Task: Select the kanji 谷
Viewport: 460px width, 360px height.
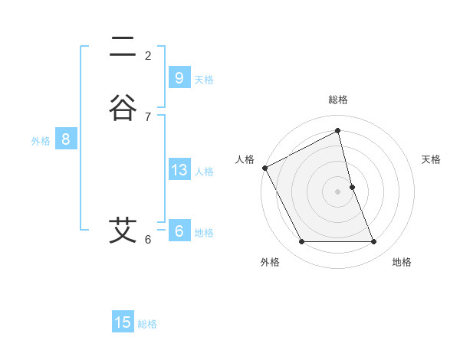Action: [x=122, y=107]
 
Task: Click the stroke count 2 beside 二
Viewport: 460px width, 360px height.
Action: [x=148, y=56]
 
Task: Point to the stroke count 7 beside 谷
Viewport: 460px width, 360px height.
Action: [x=148, y=116]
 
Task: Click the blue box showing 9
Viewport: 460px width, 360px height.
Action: [x=179, y=78]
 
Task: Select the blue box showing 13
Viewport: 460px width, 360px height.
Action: [x=179, y=170]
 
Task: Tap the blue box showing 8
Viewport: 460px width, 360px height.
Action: [x=66, y=139]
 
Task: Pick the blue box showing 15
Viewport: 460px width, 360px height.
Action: [x=123, y=322]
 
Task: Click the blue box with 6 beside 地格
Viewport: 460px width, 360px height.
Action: [x=179, y=231]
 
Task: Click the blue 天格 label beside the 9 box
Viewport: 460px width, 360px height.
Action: [x=204, y=80]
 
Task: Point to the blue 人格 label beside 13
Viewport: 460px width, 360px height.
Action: [x=204, y=172]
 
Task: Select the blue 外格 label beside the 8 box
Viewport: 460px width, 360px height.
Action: [x=41, y=141]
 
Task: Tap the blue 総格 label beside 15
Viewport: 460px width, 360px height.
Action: [x=147, y=324]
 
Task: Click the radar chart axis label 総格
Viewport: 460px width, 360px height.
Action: [x=338, y=100]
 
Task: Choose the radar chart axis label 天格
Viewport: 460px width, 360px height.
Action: [x=431, y=159]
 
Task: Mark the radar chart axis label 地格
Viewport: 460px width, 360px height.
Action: [x=402, y=262]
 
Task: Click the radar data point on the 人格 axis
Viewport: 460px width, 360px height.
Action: [x=264, y=168]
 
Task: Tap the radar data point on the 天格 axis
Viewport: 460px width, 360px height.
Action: [x=352, y=187]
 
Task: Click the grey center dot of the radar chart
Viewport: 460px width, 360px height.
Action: [x=338, y=191]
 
